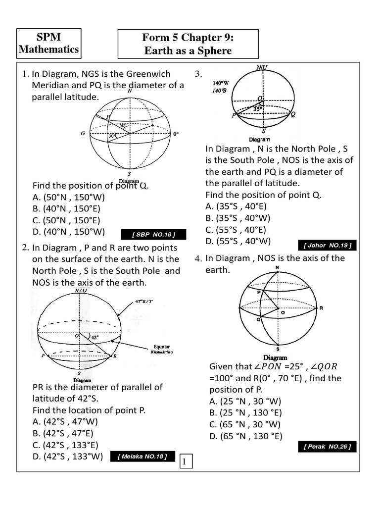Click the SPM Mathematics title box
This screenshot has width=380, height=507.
tap(48, 44)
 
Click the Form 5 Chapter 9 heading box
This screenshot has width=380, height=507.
tap(188, 44)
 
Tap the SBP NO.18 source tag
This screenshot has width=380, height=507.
tap(147, 234)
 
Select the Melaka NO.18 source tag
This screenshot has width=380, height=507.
tap(142, 456)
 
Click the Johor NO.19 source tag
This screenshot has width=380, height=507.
tap(327, 246)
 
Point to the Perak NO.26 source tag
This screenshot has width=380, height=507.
tap(327, 447)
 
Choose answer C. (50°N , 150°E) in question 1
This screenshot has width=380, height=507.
tap(66, 220)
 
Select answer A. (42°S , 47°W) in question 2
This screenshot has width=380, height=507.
tap(65, 422)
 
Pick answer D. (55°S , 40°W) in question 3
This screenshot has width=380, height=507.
tap(238, 241)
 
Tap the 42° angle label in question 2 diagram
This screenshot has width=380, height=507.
tap(94, 336)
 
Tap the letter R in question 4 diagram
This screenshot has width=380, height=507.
tap(321, 308)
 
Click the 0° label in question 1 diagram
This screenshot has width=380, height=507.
tap(176, 134)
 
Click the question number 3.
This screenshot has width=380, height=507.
tap(198, 74)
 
